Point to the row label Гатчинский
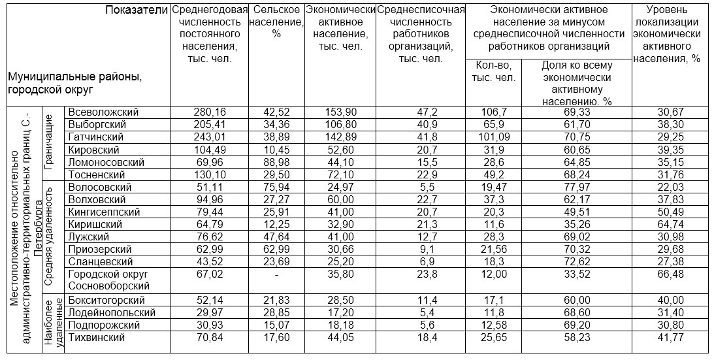pos(97,137)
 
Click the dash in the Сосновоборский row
pos(276,274)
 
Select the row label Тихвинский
pos(96,337)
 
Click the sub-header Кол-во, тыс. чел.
pos(493,71)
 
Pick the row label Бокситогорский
pos(106,300)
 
